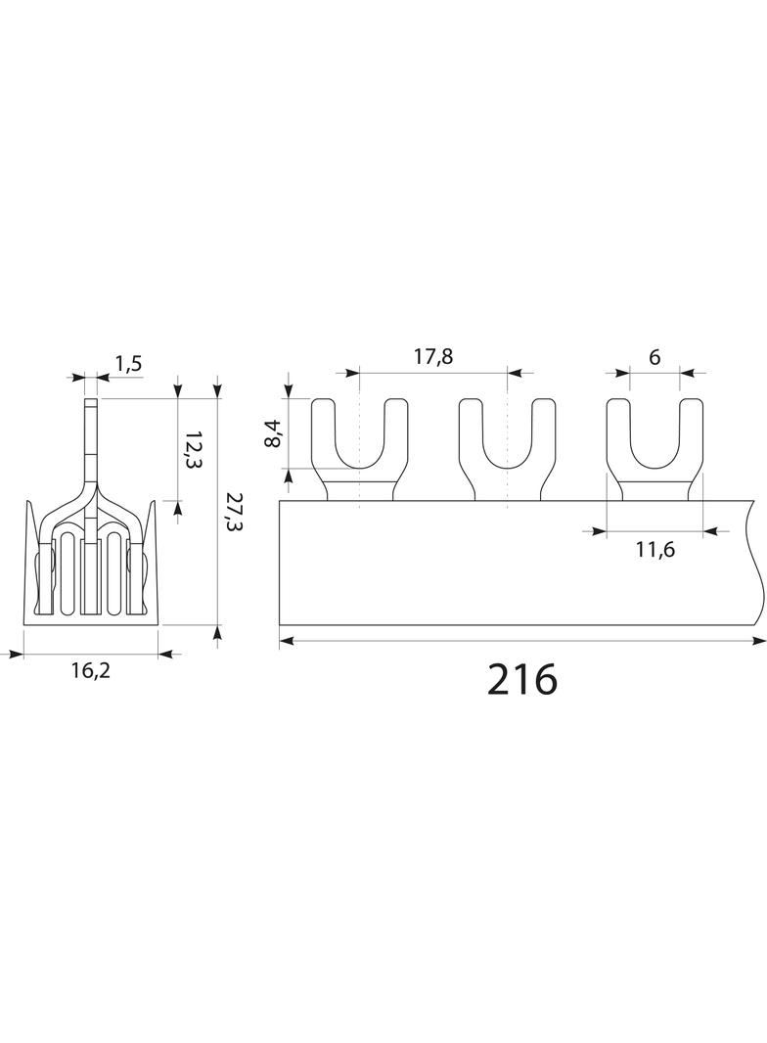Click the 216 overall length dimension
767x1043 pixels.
(522, 679)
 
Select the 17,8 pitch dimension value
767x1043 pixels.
(433, 356)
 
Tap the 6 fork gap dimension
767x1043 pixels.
(654, 357)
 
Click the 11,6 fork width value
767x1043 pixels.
(654, 550)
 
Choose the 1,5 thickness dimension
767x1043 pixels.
(128, 364)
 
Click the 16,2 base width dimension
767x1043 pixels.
(90, 670)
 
